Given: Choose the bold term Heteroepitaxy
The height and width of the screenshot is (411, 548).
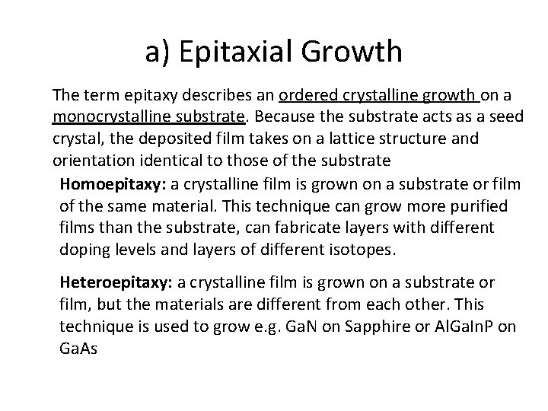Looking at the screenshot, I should point(117,283).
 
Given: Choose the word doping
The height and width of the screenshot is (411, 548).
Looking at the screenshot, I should point(83,249).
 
